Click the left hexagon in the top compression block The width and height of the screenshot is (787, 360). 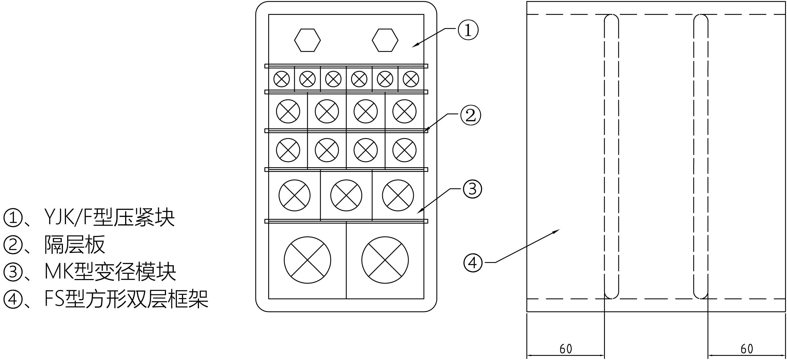point(307,40)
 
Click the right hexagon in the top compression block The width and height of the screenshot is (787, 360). point(385,40)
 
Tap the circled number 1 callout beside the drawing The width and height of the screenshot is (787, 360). point(468,31)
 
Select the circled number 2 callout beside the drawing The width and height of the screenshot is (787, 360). point(471,116)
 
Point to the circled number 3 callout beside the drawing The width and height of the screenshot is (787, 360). point(472,189)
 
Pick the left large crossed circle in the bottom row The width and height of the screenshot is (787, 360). point(307,260)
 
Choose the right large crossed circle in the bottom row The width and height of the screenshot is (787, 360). point(385,260)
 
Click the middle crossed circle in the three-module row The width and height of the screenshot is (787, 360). point(346,195)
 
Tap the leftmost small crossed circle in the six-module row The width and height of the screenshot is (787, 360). point(281,79)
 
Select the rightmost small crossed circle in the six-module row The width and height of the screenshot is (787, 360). point(411,79)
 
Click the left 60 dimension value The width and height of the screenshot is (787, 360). point(566,349)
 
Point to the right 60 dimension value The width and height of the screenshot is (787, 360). point(747,349)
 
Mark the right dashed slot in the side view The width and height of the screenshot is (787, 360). point(701,156)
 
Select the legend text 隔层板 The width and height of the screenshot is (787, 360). point(75,244)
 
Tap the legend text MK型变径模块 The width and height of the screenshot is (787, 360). point(110,272)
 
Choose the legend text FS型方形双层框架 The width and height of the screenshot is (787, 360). point(126,299)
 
